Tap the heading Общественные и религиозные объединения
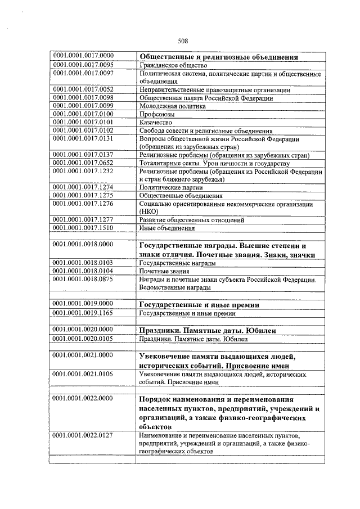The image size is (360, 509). (218, 57)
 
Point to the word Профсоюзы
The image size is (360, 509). (155, 114)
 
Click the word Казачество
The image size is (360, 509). (155, 122)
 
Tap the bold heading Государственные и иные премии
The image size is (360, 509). (199, 305)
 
